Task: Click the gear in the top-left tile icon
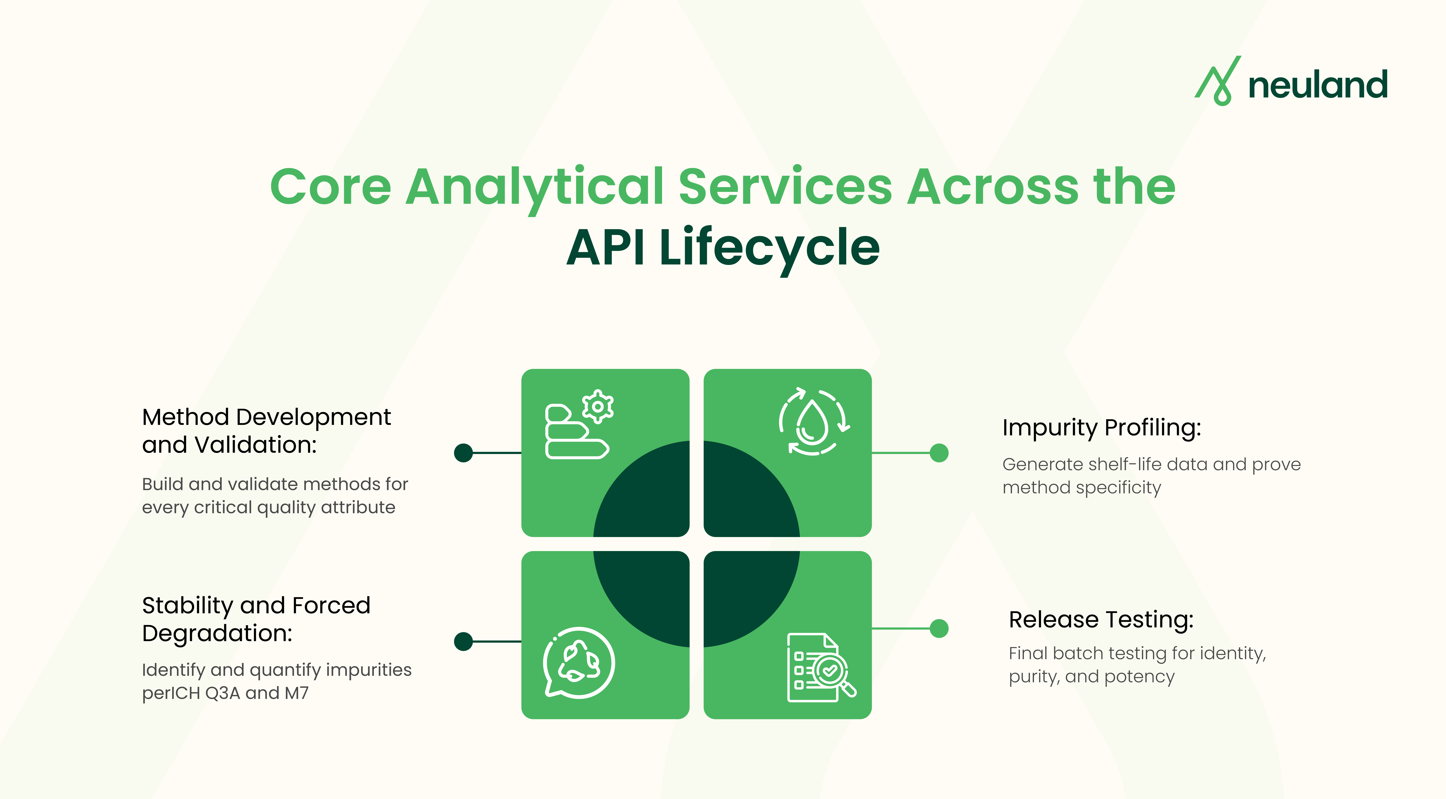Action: click(x=598, y=406)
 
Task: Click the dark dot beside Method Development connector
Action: click(x=463, y=453)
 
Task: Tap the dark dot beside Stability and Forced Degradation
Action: click(x=463, y=641)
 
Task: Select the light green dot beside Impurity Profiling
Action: click(x=939, y=453)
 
